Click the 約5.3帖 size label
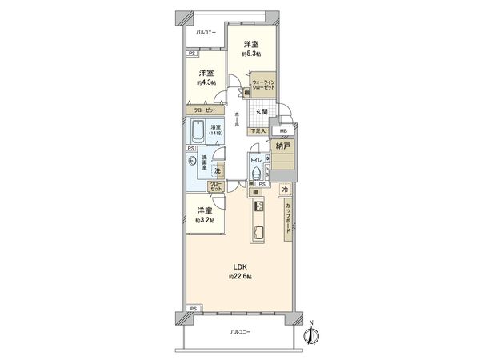tap(250, 56)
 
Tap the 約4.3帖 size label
tap(206, 82)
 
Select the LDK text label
tap(240, 266)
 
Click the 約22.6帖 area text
tap(240, 276)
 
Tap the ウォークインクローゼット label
tap(264, 86)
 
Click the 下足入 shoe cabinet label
tap(258, 130)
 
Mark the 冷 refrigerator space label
tap(284, 190)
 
